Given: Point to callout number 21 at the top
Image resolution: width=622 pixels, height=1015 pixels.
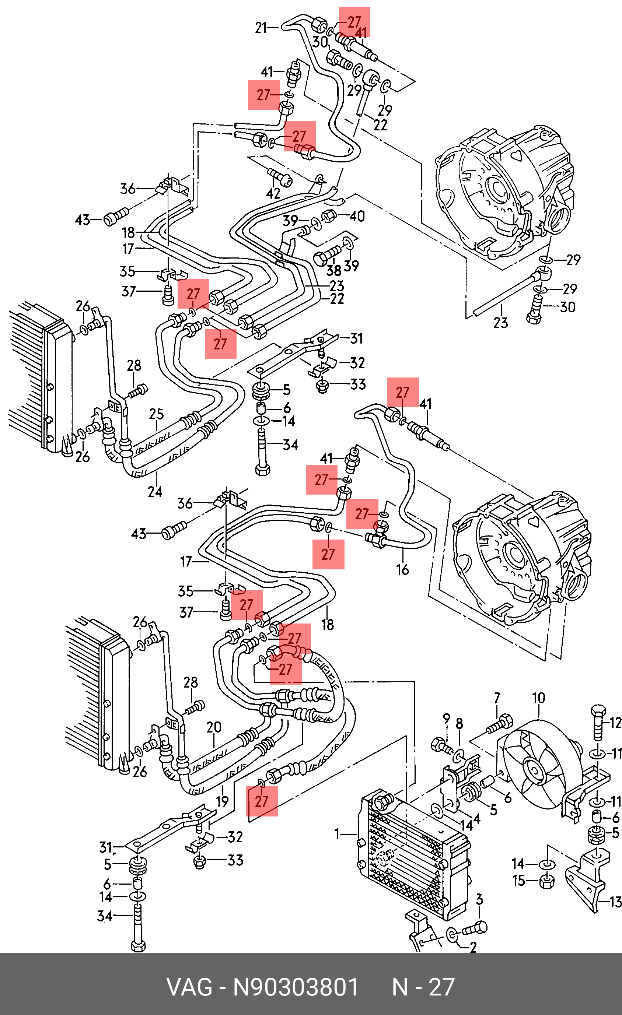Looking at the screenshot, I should coord(261,28).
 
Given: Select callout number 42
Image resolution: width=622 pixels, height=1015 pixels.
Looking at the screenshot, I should coord(273,193).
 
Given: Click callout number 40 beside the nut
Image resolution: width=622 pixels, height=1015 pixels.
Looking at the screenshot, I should coord(357,216).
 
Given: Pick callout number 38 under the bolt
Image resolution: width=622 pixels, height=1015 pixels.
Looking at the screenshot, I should coord(333,271).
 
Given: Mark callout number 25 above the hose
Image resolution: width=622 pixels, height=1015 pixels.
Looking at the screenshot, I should coord(156,414).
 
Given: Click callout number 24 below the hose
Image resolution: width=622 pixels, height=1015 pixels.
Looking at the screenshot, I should coord(155,492).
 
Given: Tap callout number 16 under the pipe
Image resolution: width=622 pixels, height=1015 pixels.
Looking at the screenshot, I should coord(402,570).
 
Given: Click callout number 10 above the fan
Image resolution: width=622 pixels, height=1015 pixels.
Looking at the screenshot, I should coord(538,698).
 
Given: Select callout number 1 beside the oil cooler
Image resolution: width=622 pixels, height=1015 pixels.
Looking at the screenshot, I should coord(337,834).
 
